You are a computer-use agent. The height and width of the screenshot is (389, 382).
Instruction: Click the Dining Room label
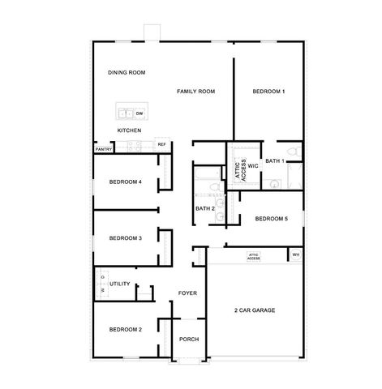(x=126, y=73)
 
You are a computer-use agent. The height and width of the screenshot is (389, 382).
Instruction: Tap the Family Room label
(x=195, y=92)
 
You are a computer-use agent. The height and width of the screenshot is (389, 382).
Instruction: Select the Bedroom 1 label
(x=268, y=92)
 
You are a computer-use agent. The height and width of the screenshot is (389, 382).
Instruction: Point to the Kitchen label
(x=130, y=130)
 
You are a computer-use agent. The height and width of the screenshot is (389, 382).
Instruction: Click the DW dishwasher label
(x=139, y=113)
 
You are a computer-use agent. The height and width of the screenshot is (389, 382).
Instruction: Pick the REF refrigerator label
(x=161, y=144)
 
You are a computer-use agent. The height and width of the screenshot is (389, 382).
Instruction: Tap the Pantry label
(x=103, y=149)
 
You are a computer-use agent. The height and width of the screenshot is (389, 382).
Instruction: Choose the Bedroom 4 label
(x=126, y=182)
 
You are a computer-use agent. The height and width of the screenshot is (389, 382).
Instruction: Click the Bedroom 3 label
(x=126, y=237)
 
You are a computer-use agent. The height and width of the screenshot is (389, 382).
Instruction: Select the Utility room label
(x=120, y=284)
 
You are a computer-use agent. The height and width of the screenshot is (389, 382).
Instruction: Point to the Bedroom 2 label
(x=126, y=329)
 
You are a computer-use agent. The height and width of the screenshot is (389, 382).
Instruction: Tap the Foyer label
(x=188, y=293)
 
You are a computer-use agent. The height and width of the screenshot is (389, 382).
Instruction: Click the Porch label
(x=189, y=339)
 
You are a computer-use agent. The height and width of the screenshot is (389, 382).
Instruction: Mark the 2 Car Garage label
(x=255, y=310)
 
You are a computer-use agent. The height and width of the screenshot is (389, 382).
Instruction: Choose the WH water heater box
(x=295, y=254)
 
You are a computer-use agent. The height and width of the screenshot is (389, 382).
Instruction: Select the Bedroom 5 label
(x=271, y=219)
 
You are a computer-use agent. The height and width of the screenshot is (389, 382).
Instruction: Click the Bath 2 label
(x=205, y=209)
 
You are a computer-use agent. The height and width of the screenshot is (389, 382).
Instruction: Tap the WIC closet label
(x=252, y=165)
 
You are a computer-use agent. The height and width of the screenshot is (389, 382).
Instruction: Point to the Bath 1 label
(x=275, y=160)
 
